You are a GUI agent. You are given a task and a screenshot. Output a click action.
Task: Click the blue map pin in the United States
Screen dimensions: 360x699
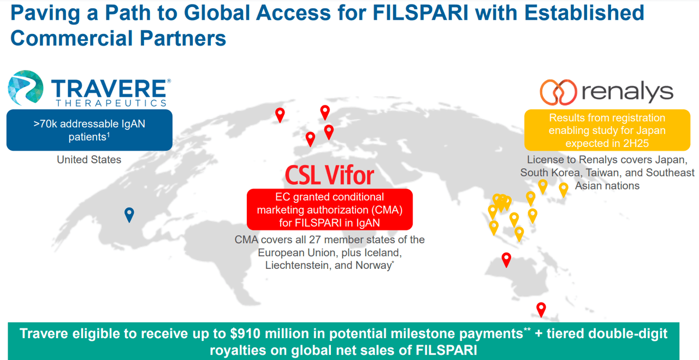coord(129,214)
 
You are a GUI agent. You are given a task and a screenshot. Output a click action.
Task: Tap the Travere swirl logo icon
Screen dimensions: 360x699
coord(25,88)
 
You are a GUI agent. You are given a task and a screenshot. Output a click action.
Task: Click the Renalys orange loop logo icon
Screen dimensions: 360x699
coord(558,92)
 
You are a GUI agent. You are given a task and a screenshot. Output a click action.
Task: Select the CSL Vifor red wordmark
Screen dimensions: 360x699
coord(329,175)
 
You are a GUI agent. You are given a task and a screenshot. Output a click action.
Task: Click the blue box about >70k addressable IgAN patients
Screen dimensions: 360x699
coord(89,130)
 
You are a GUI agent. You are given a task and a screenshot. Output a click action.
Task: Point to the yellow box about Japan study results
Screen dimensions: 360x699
coord(607,131)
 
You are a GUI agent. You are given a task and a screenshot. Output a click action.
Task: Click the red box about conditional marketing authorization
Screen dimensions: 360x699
coord(329,210)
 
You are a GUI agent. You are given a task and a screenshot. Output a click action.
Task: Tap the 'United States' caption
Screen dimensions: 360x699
coord(89,160)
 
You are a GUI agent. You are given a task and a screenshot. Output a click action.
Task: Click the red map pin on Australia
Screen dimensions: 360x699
coord(506,259)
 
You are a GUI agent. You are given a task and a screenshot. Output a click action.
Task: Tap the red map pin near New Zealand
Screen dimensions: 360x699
coord(541,309)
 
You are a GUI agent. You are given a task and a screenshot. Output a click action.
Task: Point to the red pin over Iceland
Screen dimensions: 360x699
coord(280,114)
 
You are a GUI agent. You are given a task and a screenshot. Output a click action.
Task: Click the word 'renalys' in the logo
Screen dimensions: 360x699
coord(627,92)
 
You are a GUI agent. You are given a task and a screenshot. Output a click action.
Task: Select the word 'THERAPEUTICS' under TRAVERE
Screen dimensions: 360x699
coord(110,103)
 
